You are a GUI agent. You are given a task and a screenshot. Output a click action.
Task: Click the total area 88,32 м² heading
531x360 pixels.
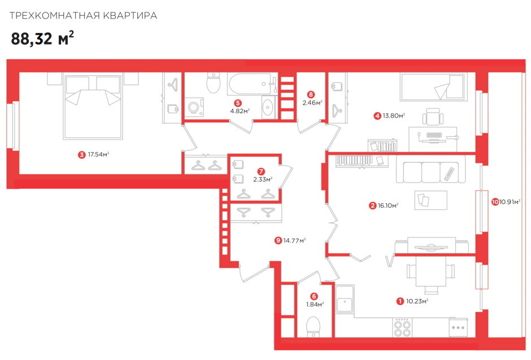42,38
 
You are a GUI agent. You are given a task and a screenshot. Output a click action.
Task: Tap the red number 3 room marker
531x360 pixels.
81,155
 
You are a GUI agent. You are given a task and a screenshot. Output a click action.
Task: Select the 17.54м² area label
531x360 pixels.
98,154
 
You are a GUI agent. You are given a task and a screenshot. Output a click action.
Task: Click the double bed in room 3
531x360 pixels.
93,107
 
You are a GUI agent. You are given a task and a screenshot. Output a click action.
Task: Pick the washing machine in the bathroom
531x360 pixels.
194,107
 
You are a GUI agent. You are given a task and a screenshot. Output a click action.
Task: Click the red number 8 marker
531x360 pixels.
311,94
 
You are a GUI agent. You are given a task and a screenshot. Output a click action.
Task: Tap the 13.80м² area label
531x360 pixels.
394,116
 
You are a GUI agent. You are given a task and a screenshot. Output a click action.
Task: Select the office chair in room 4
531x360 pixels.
433,117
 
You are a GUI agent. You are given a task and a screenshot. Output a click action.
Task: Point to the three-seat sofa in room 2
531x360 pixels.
431,170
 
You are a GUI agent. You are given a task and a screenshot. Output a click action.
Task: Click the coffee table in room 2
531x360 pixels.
431,200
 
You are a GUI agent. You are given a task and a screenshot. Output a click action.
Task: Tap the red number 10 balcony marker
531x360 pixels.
495,202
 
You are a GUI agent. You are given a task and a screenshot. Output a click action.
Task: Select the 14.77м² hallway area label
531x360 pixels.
295,240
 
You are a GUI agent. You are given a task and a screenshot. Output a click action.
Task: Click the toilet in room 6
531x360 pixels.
314,327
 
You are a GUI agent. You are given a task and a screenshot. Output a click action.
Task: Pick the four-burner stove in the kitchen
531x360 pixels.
403,327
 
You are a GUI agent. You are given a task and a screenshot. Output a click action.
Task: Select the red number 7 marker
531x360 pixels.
261,172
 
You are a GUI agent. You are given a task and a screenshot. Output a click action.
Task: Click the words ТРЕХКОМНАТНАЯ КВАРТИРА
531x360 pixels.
83,16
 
